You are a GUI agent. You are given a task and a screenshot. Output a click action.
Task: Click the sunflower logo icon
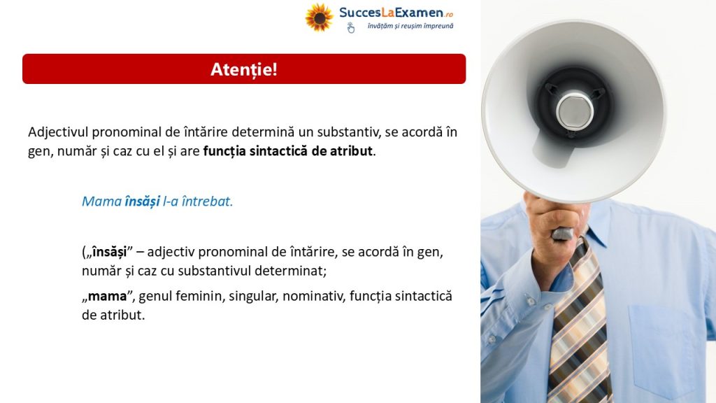pos(319,17)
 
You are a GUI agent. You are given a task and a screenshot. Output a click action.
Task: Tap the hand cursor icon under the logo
pos(350,28)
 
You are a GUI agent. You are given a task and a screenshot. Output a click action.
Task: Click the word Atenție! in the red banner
pos(244,69)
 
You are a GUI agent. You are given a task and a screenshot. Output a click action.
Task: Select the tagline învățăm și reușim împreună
pos(410,26)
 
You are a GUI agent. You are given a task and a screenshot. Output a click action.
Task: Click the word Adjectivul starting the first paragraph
pos(58,132)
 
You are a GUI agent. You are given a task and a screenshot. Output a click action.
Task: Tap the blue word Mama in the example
pos(102,201)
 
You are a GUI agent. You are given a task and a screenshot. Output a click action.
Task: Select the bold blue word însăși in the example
pos(143,201)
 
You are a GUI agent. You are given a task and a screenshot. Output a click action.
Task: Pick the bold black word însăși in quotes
pos(109,252)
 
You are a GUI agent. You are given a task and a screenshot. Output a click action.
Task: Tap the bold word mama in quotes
pos(107,297)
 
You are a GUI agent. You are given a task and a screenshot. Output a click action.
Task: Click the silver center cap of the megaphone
pos(575,111)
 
